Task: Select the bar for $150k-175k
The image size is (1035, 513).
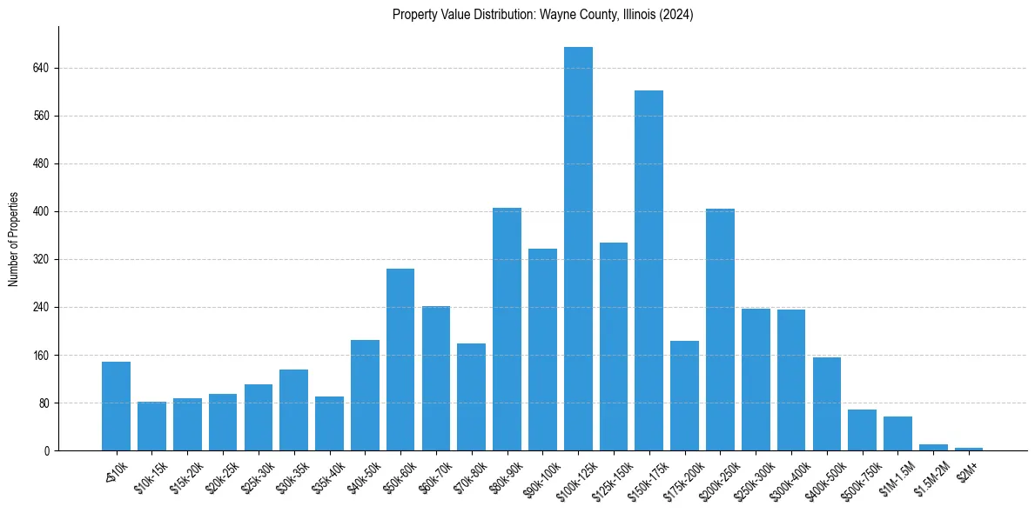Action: (649, 270)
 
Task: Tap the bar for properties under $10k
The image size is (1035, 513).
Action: (116, 406)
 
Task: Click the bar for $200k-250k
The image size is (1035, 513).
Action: (720, 330)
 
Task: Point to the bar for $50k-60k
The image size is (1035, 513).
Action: (400, 359)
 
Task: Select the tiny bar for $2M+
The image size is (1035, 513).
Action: (969, 449)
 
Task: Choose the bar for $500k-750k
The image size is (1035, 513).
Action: (862, 430)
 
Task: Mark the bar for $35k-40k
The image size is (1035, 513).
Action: (329, 423)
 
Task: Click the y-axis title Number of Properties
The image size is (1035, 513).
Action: (13, 238)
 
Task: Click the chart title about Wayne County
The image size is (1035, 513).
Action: (542, 15)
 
